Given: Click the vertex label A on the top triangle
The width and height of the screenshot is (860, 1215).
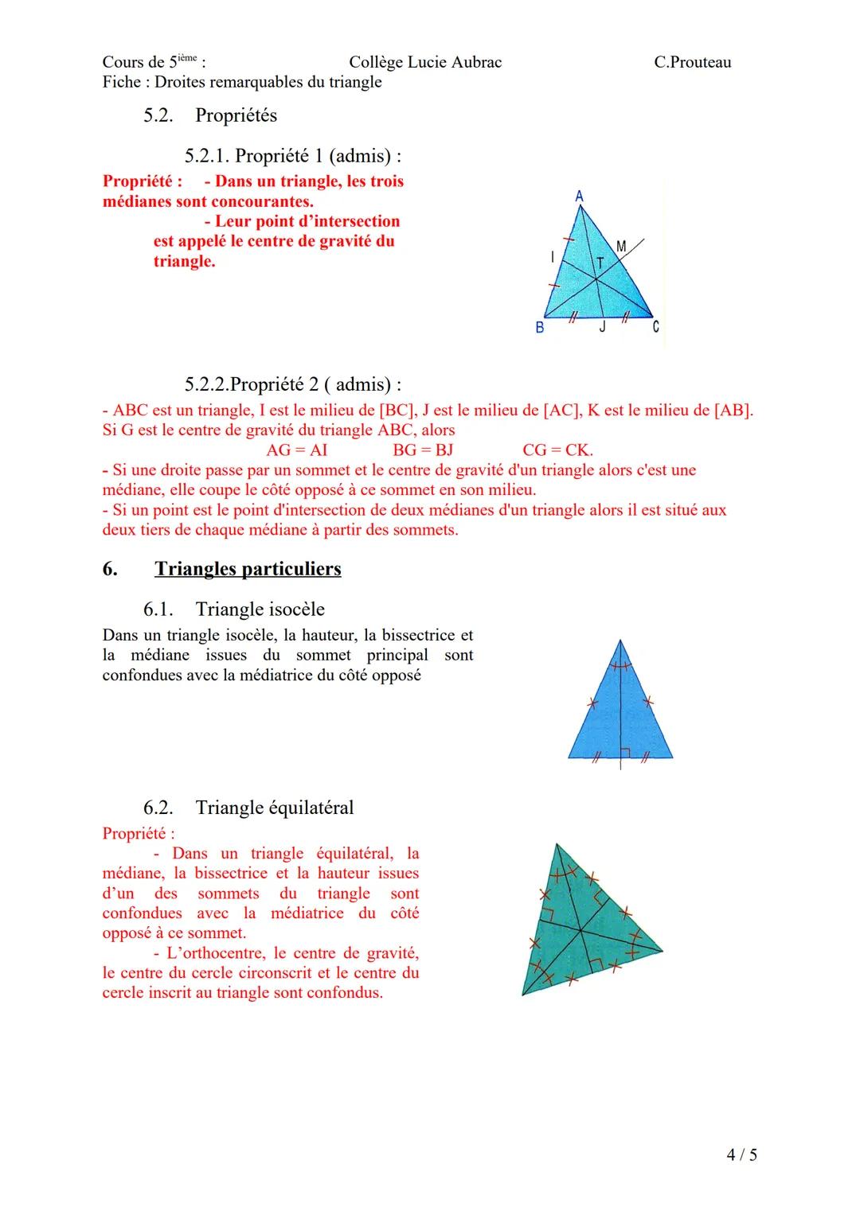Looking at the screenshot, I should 579,196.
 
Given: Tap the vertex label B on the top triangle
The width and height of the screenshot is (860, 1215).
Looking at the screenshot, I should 540,327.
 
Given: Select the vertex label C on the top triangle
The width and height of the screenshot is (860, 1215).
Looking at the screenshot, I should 655,327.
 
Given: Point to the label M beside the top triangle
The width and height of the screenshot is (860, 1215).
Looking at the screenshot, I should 621,247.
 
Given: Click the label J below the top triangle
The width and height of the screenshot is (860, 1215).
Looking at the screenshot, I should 602,326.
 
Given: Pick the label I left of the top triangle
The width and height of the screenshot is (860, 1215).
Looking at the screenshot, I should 552,256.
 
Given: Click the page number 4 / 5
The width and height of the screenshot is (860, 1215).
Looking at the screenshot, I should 741,1154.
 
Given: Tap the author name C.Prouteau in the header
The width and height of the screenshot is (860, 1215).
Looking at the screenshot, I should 692,62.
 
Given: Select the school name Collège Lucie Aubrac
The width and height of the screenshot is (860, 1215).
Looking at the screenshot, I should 425,62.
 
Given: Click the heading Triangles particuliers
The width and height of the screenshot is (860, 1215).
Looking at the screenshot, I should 248,569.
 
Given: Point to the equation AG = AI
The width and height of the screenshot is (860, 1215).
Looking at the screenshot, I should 296,450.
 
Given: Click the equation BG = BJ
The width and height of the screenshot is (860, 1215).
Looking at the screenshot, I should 422,450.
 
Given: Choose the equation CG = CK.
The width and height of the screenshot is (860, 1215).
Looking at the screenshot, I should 557,450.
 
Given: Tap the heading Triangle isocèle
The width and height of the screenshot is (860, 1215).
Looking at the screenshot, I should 260,609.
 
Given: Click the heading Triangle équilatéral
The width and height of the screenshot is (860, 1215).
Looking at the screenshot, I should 275,808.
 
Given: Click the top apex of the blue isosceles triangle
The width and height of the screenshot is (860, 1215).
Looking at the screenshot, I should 620,641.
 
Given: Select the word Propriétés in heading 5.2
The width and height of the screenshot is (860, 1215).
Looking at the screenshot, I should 236,115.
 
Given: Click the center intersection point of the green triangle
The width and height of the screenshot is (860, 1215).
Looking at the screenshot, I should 580,929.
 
